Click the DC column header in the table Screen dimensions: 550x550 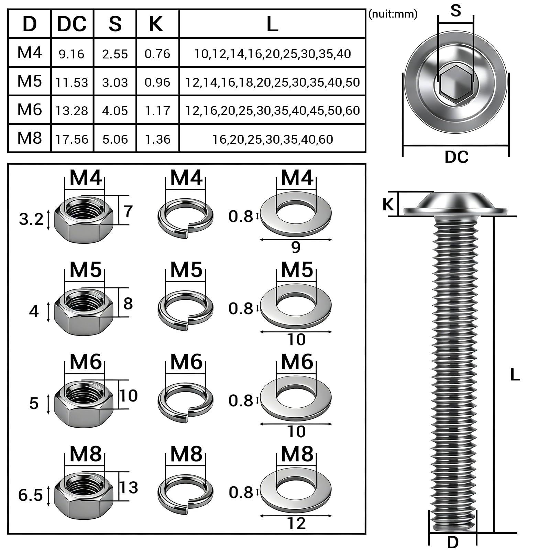tap(72, 24)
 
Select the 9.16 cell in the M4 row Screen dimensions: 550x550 tap(71, 54)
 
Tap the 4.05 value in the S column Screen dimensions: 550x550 tap(115, 111)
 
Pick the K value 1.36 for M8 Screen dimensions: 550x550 tap(157, 139)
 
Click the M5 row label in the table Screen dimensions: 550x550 tap(30, 81)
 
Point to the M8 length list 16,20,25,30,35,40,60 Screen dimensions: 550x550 tap(273, 139)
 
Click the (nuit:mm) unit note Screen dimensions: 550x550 tap(393, 14)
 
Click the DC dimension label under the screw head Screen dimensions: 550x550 tap(456, 157)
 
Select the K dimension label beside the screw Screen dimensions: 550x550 tap(388, 204)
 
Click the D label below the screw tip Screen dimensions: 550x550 tap(453, 542)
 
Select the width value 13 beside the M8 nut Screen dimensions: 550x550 tap(129, 487)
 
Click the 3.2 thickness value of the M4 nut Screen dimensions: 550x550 tap(31, 219)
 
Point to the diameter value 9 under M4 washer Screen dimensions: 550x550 tap(296, 247)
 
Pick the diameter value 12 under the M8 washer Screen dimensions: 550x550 tap(296, 524)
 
